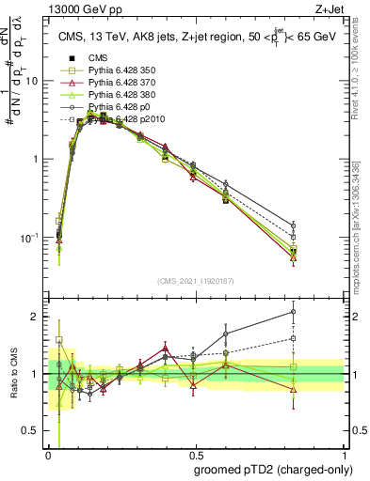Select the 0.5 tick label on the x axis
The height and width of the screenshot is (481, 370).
pyautogui.click(x=194, y=453)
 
